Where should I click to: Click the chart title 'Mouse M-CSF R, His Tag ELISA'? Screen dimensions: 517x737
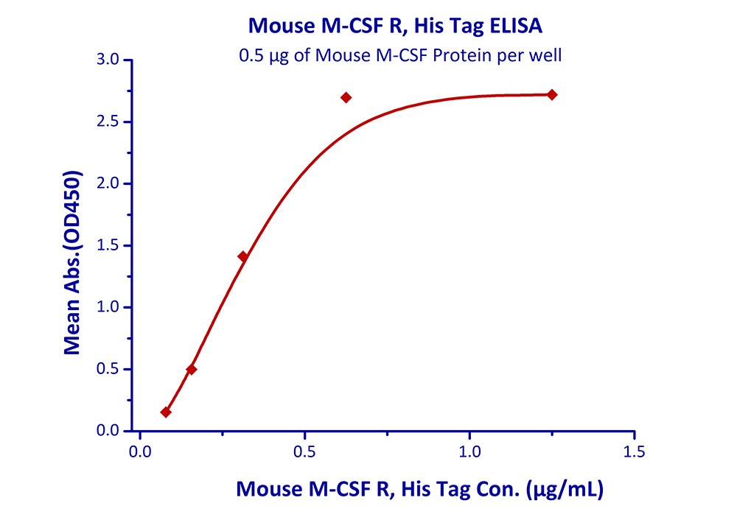tap(396, 27)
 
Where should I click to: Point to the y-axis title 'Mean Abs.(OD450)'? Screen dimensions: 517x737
tap(72, 263)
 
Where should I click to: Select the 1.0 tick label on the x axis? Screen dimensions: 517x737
tap(469, 451)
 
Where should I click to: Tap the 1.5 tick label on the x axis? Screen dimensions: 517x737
tap(634, 451)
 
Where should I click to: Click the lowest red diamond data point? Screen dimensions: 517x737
tap(166, 412)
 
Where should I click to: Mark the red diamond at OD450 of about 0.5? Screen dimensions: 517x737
tap(192, 369)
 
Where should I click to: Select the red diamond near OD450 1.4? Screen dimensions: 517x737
tap(242, 256)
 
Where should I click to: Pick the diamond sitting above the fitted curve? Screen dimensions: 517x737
tap(346, 97)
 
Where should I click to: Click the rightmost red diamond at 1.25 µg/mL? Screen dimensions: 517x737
tap(552, 94)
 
